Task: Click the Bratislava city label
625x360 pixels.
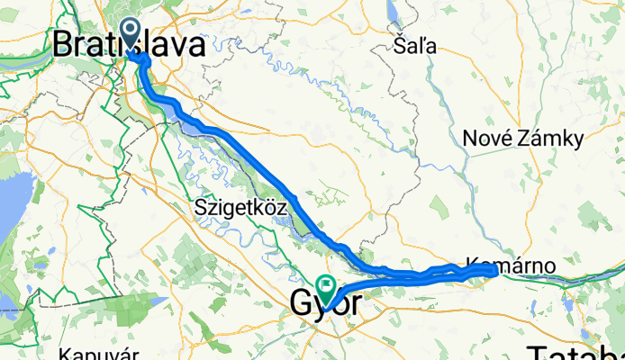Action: (128, 46)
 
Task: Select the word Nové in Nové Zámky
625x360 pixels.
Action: (488, 139)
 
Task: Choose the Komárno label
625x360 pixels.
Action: (512, 265)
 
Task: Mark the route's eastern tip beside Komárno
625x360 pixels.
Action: (497, 270)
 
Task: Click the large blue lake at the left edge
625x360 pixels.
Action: (13, 207)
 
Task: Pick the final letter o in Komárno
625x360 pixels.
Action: (549, 265)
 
